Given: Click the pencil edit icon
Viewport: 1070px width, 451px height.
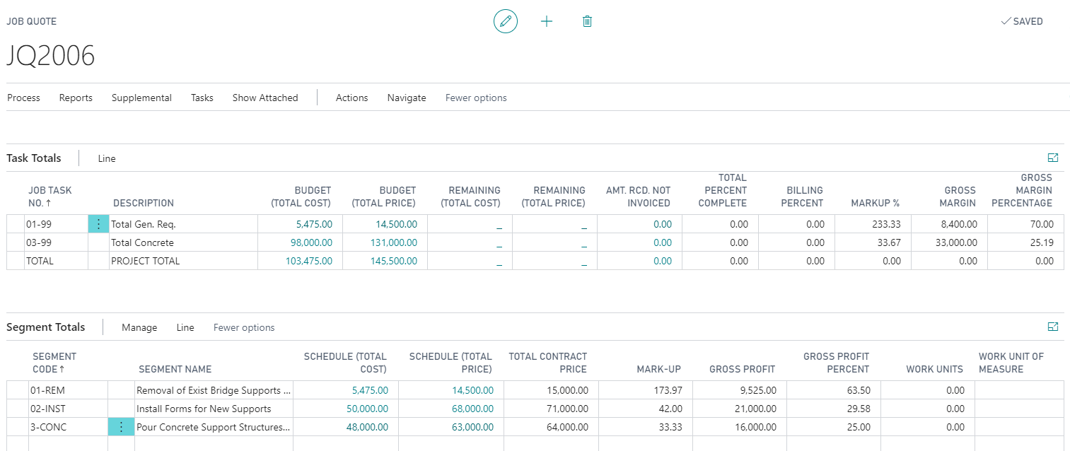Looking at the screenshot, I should pos(505,21).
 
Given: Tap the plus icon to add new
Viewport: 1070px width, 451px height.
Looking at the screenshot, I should pos(546,21).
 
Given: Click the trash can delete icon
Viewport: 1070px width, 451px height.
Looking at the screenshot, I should pos(587,21).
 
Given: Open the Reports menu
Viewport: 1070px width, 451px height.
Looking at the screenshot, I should pos(76,98).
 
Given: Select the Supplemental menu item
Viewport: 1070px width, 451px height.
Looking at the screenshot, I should pos(141,98).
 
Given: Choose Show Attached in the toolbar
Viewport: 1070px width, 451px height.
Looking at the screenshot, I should pos(265,98).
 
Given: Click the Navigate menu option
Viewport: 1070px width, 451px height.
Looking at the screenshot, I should pos(407,98).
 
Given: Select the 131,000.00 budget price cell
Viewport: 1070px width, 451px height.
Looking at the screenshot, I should pos(394,242).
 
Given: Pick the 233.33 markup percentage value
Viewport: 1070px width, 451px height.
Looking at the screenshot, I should pos(886,224).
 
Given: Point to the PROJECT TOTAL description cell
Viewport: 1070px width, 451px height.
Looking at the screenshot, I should pos(146,261).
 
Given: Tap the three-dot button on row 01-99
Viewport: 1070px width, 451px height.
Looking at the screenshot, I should pos(98,224).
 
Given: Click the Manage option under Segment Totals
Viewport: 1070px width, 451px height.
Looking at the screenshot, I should pos(139,327).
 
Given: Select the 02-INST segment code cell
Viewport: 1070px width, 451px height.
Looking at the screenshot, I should pos(50,409).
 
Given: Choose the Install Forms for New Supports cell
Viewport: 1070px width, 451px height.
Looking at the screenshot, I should pos(204,409).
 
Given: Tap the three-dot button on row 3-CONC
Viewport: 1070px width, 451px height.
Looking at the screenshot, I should pos(121,427).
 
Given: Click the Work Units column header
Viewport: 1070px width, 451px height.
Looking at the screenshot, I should pos(934,369).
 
